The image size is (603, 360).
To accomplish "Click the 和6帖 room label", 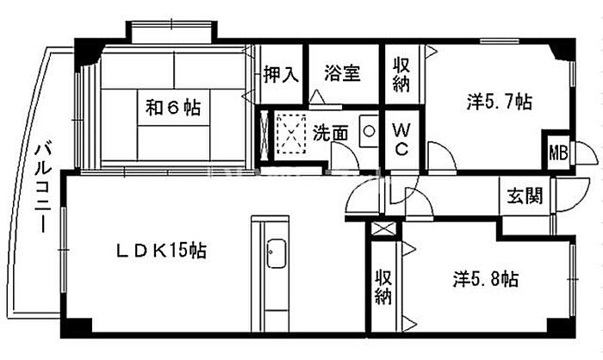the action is [x=172, y=108].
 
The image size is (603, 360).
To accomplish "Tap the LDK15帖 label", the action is [x=162, y=251].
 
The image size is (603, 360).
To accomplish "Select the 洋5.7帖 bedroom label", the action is [x=499, y=102].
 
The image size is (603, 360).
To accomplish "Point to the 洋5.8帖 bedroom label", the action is [x=485, y=279].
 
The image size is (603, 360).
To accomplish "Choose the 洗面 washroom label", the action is [x=330, y=133].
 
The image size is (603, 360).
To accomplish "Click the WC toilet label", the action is [x=401, y=140].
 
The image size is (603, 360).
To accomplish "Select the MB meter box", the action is [x=558, y=153].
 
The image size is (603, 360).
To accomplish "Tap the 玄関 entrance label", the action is [x=525, y=196].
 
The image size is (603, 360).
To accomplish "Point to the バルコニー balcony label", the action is [x=43, y=187].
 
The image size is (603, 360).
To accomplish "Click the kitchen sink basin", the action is [x=277, y=253].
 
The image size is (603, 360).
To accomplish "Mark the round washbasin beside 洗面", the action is [x=370, y=131].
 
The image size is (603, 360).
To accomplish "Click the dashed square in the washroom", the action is [x=291, y=133].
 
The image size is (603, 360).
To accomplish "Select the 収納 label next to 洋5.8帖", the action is [x=383, y=287].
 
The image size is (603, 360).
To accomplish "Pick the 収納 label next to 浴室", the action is [x=401, y=75].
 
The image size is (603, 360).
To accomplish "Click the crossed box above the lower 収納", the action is [x=384, y=228].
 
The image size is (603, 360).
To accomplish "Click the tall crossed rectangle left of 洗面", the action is [x=264, y=136].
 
